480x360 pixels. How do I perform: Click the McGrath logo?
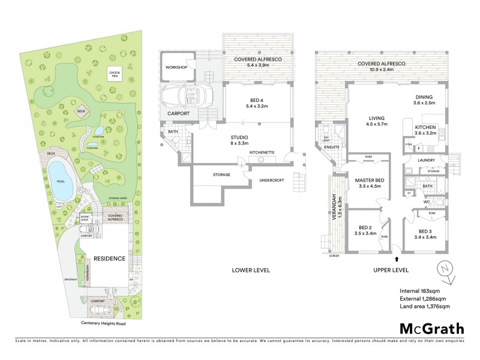pos(431,328)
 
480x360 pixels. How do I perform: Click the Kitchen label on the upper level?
pos(429,130)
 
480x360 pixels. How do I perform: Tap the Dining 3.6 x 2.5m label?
pos(429,100)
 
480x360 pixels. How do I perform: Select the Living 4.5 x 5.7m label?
pos(377,121)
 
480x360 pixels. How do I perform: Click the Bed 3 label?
pos(425,234)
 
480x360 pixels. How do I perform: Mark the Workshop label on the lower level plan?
pos(177,68)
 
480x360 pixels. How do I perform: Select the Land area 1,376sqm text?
pos(425,307)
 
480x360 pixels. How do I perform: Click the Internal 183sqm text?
pos(420,291)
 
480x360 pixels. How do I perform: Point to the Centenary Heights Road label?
pos(106,323)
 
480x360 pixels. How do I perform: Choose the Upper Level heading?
pos(392,269)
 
